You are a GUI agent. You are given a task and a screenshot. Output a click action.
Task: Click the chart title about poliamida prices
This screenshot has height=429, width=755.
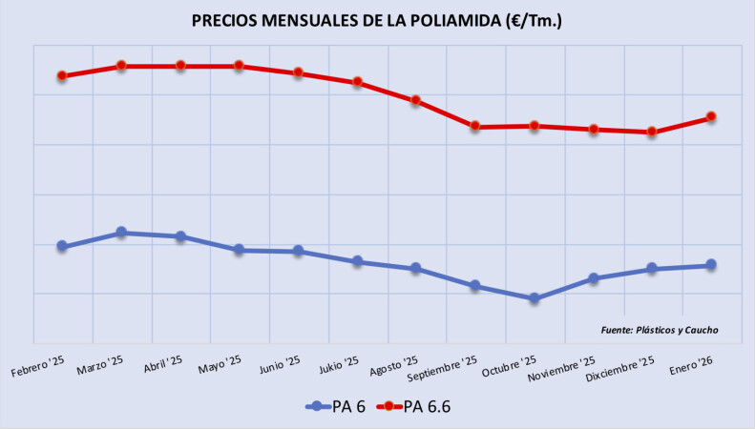point(377,21)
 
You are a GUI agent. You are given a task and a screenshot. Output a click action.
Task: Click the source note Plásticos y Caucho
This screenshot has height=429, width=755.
point(660,330)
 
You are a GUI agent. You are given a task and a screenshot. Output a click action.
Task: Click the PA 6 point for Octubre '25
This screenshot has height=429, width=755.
point(535,298)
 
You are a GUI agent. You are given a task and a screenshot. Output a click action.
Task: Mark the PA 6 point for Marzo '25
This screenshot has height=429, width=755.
point(121,233)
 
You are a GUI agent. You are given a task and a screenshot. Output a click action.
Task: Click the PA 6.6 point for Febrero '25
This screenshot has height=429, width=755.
point(62,76)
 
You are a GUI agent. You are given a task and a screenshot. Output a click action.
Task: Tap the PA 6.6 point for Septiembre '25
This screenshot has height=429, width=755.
point(475,127)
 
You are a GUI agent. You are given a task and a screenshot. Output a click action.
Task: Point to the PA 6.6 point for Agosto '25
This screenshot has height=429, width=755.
point(416,100)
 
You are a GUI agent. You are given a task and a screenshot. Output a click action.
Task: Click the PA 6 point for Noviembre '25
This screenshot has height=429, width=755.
point(594,278)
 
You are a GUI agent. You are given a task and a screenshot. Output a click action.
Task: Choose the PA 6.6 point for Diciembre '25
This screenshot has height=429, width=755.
point(652,133)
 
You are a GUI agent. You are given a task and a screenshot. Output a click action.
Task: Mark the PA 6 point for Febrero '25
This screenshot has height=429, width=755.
point(62,246)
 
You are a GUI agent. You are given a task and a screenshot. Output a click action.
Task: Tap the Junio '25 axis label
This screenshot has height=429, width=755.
point(281,363)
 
